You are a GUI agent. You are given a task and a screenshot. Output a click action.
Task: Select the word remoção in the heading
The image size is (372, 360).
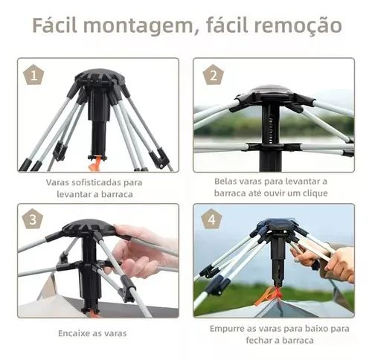coord(301,25)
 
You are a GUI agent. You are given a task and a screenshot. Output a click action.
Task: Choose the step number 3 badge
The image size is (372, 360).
coord(34,220)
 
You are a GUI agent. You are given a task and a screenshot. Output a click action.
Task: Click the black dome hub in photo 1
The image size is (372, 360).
coord(99,79)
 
